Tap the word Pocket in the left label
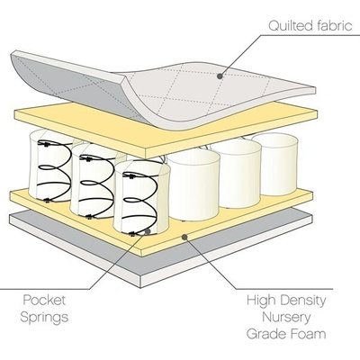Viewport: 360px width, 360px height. pos(44,300)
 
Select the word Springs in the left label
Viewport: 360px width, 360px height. pos(44,318)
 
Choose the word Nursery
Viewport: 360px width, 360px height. pos(286,318)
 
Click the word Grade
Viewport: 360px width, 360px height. pos(265,335)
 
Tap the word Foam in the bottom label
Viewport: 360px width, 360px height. pos(307,334)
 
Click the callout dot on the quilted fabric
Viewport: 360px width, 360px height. pos(220,76)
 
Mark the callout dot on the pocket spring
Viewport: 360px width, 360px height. pos(148,231)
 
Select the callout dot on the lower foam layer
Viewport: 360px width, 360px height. pos(184,237)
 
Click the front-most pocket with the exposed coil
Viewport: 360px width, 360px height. pos(141,198)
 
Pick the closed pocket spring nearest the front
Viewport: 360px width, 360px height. pos(193,184)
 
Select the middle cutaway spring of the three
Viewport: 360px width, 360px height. pos(94,181)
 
